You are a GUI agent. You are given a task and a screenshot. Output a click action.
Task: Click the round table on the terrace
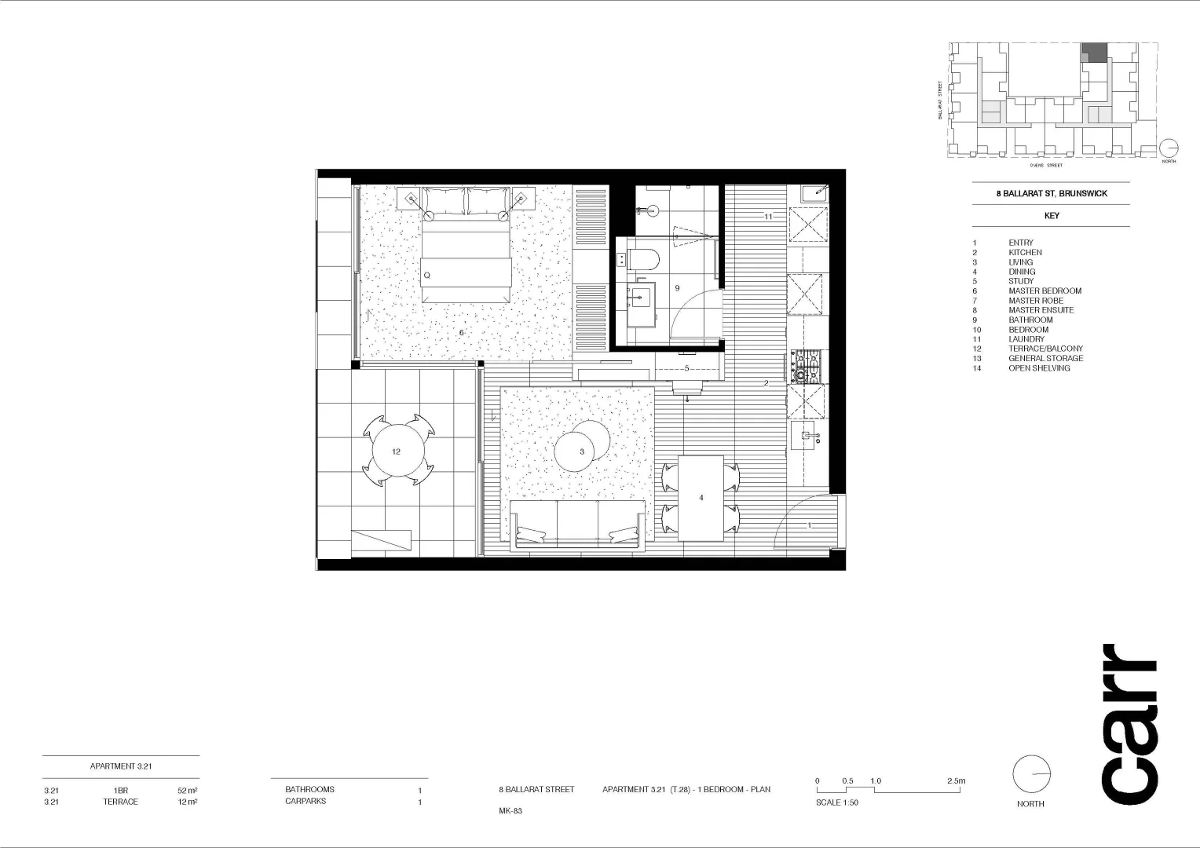[x=397, y=451]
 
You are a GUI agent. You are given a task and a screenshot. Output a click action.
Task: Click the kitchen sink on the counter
[x=807, y=435]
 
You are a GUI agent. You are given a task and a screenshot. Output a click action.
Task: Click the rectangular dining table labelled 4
[x=701, y=498]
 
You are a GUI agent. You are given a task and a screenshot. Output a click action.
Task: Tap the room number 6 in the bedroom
[x=461, y=333]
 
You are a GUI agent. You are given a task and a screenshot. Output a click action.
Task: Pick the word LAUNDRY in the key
[x=1026, y=339]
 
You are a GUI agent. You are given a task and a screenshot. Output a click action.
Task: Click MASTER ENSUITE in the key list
[x=1041, y=310]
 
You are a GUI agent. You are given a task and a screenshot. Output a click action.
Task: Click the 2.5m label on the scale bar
[x=956, y=781]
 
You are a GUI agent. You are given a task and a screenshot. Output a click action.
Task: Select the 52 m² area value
[x=187, y=791]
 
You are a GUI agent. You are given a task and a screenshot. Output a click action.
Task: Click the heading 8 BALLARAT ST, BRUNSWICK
[x=1052, y=193]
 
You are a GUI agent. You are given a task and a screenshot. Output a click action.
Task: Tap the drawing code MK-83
[x=510, y=811]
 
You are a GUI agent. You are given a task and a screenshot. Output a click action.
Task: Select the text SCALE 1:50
[x=837, y=802]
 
